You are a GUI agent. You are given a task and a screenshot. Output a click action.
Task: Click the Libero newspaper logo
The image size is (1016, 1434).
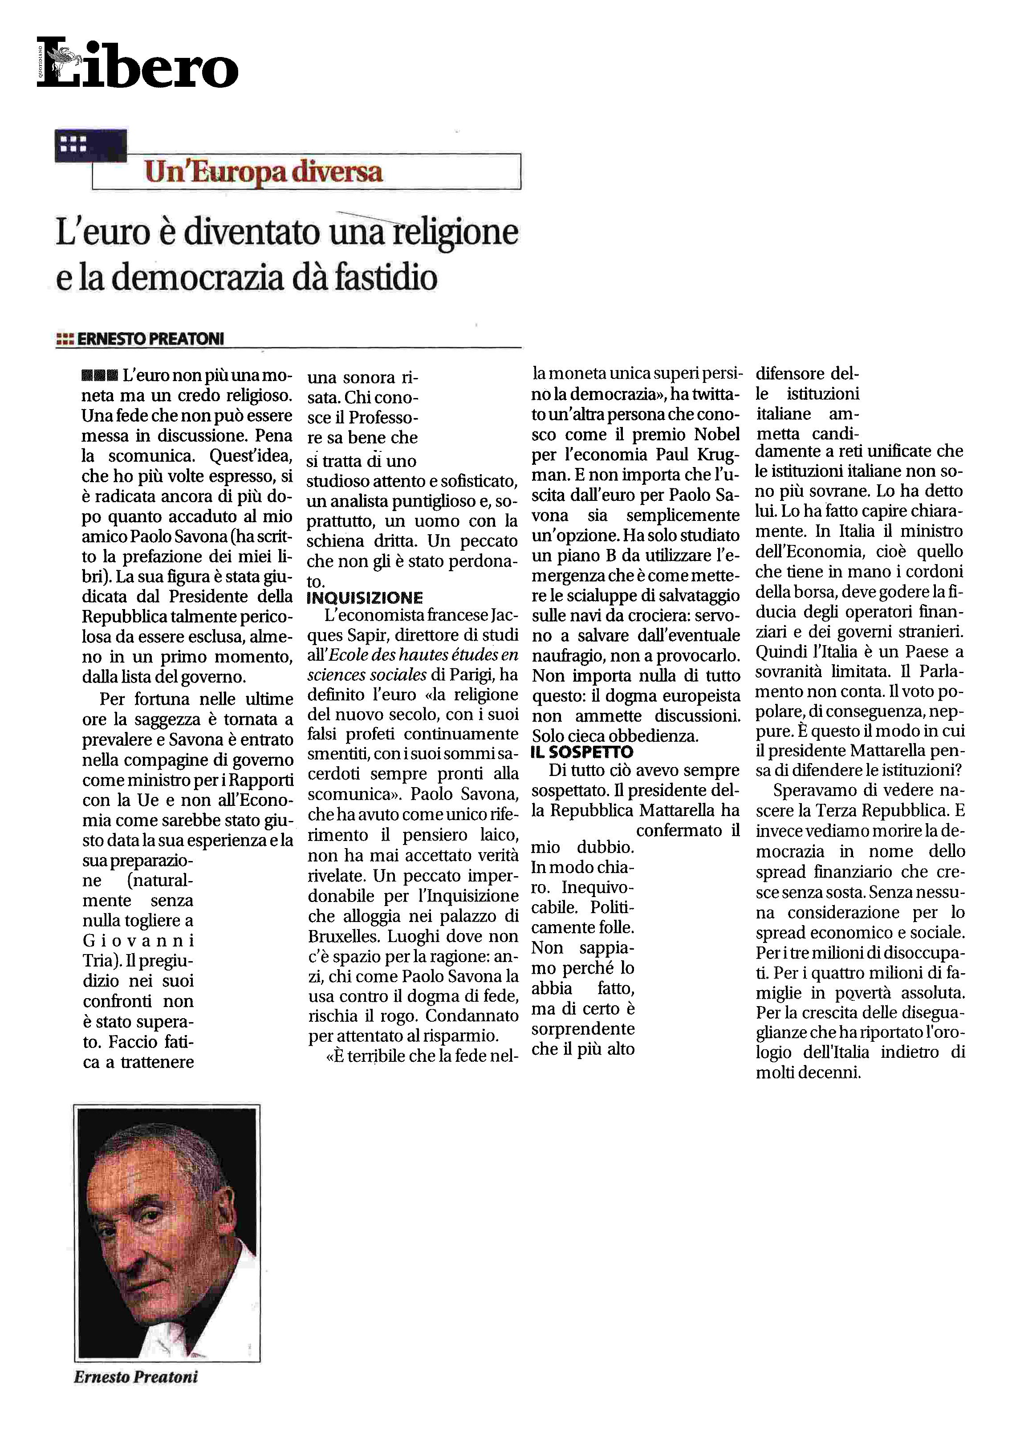pyautogui.click(x=138, y=64)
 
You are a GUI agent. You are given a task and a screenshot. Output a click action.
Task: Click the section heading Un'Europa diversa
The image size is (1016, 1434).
pyautogui.click(x=263, y=171)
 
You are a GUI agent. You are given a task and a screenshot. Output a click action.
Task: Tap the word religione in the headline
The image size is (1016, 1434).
pyautogui.click(x=455, y=233)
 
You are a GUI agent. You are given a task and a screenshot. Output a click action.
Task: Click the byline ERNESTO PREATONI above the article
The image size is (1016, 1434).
pyautogui.click(x=150, y=339)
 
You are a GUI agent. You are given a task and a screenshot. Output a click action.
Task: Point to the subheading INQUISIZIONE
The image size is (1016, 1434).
pyautogui.click(x=364, y=598)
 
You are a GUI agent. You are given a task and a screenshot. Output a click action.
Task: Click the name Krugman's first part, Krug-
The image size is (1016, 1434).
pyautogui.click(x=718, y=455)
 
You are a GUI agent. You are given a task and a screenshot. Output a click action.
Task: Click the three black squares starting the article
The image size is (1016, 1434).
pyautogui.click(x=99, y=376)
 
